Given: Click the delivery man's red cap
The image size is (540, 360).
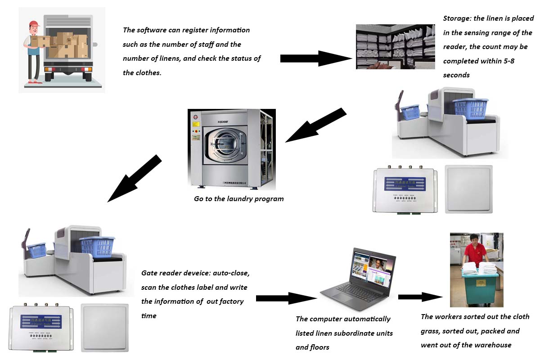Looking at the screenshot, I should coord(34,24).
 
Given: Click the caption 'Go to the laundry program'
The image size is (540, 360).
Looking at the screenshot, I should coord(238,198).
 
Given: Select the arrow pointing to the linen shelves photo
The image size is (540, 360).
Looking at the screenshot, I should coord(315,58).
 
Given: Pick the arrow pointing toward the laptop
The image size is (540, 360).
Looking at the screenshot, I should coord(286,298).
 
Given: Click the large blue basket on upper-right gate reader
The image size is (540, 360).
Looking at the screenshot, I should coord(470,108).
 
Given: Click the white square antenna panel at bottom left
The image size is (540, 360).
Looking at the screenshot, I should coord(105,327).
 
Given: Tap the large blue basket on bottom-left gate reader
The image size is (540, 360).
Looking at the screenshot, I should coord(97,247).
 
